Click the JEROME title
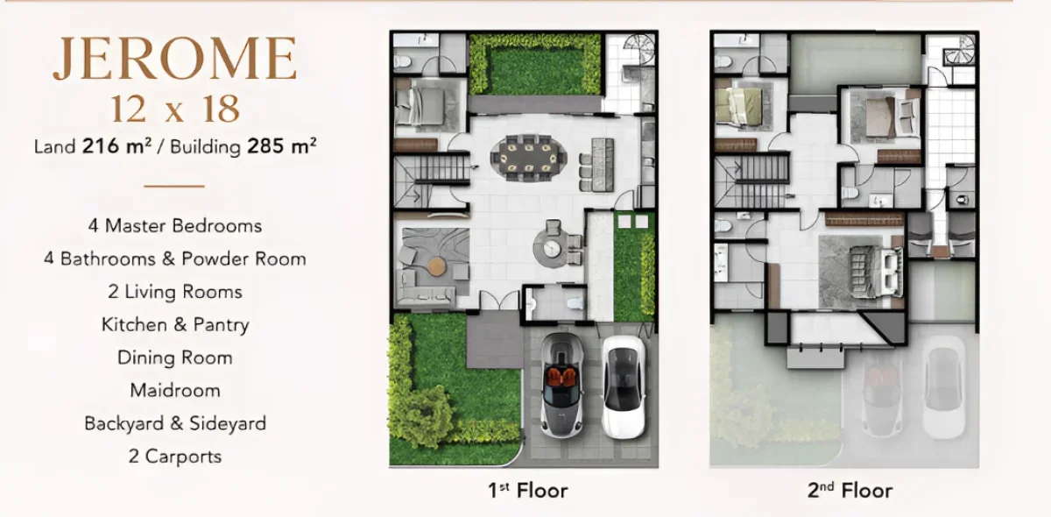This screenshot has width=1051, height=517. [x=174, y=60]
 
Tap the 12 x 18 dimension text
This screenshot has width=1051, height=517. [x=175, y=109]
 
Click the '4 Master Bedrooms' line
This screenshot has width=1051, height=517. [x=175, y=226]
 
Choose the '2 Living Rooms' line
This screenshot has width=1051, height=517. [x=175, y=292]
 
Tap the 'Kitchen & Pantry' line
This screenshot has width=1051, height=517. [x=175, y=325]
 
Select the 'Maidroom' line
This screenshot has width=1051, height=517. [x=175, y=391]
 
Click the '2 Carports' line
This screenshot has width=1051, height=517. [x=175, y=457]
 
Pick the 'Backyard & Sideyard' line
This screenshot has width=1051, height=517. [x=175, y=423]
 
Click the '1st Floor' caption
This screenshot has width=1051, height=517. [x=527, y=491]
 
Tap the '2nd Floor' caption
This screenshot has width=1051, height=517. [x=850, y=491]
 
